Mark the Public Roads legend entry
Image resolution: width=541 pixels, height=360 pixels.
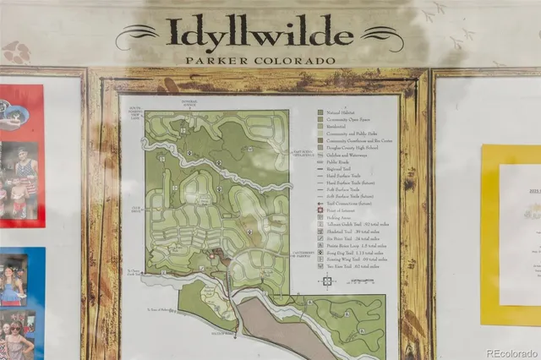[339, 161]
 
